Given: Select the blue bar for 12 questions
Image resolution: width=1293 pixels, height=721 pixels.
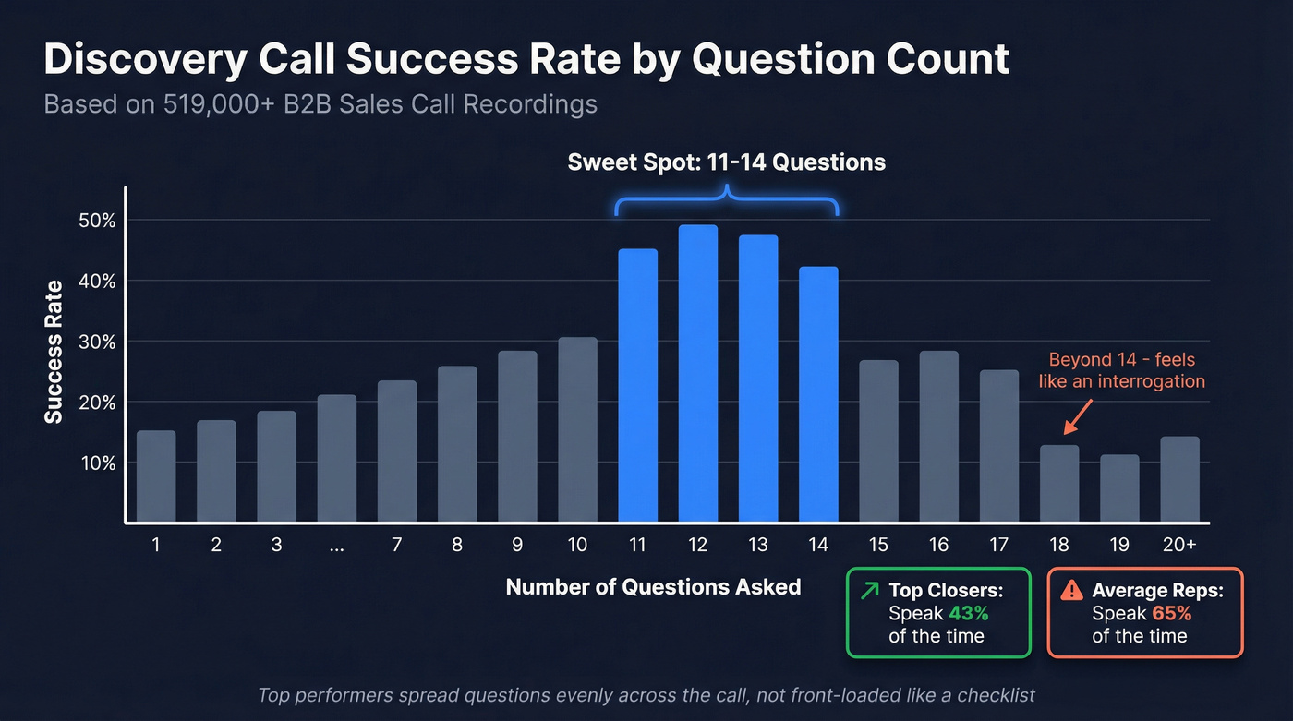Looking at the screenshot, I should click(x=697, y=374).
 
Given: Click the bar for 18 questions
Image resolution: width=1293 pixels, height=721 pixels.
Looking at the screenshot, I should click(x=1058, y=484).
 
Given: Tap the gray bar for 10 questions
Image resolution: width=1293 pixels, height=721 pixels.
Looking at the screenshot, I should click(x=577, y=430).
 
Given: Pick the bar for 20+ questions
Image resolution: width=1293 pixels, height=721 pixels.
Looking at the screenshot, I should click(x=1179, y=479).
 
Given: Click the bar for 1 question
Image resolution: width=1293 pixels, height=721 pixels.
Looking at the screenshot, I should click(x=156, y=476).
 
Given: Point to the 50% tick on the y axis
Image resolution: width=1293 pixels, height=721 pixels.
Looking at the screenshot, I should click(x=96, y=221).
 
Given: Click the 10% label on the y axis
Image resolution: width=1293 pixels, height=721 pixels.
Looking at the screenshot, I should click(x=96, y=463).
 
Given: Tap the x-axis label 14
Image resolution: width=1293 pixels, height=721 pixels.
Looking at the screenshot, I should click(x=818, y=545).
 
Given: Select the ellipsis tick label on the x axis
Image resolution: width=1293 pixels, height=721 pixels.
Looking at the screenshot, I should click(x=336, y=546).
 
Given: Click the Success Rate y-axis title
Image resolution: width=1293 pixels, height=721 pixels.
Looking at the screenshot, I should click(x=54, y=352).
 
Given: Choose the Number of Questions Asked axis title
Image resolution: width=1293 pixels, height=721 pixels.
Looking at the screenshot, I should click(x=653, y=587).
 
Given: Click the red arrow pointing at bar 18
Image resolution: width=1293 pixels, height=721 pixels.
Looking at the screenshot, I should click(x=1077, y=416).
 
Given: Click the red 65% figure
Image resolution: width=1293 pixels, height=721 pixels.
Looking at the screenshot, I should click(x=1171, y=613).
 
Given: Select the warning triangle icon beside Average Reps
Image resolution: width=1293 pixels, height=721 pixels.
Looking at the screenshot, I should click(x=1071, y=590).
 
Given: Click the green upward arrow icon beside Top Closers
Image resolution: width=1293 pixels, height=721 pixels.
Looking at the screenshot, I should click(x=869, y=590).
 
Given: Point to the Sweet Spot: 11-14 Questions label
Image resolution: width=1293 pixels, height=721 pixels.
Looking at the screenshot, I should click(x=726, y=162).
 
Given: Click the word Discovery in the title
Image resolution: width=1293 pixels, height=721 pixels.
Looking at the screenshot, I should click(x=143, y=59).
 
